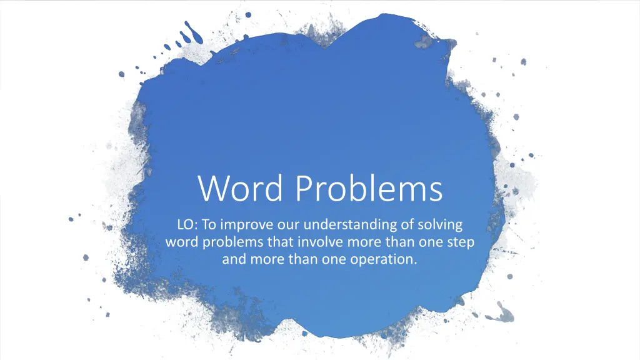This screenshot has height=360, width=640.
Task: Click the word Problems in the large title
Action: pyautogui.click(x=369, y=188)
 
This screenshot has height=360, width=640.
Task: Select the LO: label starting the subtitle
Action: pyautogui.click(x=187, y=224)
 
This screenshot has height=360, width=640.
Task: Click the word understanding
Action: pyautogui.click(x=351, y=225)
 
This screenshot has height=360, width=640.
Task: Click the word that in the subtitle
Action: pyautogui.click(x=281, y=242)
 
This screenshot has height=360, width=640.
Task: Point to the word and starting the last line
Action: pyautogui.click(x=234, y=259)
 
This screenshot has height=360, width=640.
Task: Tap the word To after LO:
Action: pyautogui.click(x=209, y=224)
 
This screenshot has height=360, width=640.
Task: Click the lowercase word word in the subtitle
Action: pyautogui.click(x=182, y=242)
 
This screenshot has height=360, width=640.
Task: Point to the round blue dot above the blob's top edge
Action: pyautogui.click(x=248, y=15)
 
